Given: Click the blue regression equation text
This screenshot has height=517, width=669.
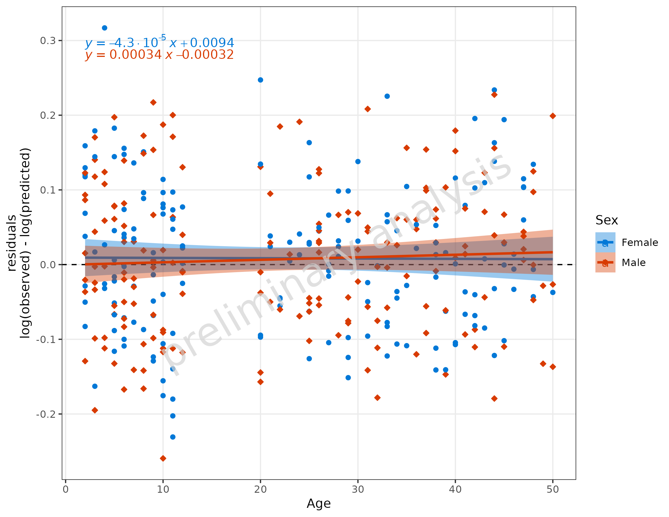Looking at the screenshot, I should click(x=159, y=43).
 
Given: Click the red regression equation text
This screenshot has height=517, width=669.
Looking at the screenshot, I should click(x=159, y=55).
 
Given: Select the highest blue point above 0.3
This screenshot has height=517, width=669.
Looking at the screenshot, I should click(x=105, y=28).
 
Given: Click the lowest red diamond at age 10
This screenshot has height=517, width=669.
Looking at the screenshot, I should click(x=163, y=458).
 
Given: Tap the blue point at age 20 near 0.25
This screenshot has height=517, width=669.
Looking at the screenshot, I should click(x=260, y=80).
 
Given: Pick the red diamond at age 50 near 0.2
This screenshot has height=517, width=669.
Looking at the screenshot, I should click(x=552, y=116).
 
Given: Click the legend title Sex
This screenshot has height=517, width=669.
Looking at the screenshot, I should click(x=607, y=220).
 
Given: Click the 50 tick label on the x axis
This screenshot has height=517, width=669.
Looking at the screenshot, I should click(x=552, y=489).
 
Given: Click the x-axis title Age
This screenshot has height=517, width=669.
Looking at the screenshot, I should click(x=319, y=504).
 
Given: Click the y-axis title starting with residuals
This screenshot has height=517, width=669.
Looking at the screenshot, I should click(x=18, y=243).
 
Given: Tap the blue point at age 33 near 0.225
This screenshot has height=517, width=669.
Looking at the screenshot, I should click(x=387, y=96).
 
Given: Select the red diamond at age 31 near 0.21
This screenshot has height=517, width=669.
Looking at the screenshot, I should click(x=368, y=109).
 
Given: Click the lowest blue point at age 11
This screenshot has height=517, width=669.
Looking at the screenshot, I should click(x=173, y=437).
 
